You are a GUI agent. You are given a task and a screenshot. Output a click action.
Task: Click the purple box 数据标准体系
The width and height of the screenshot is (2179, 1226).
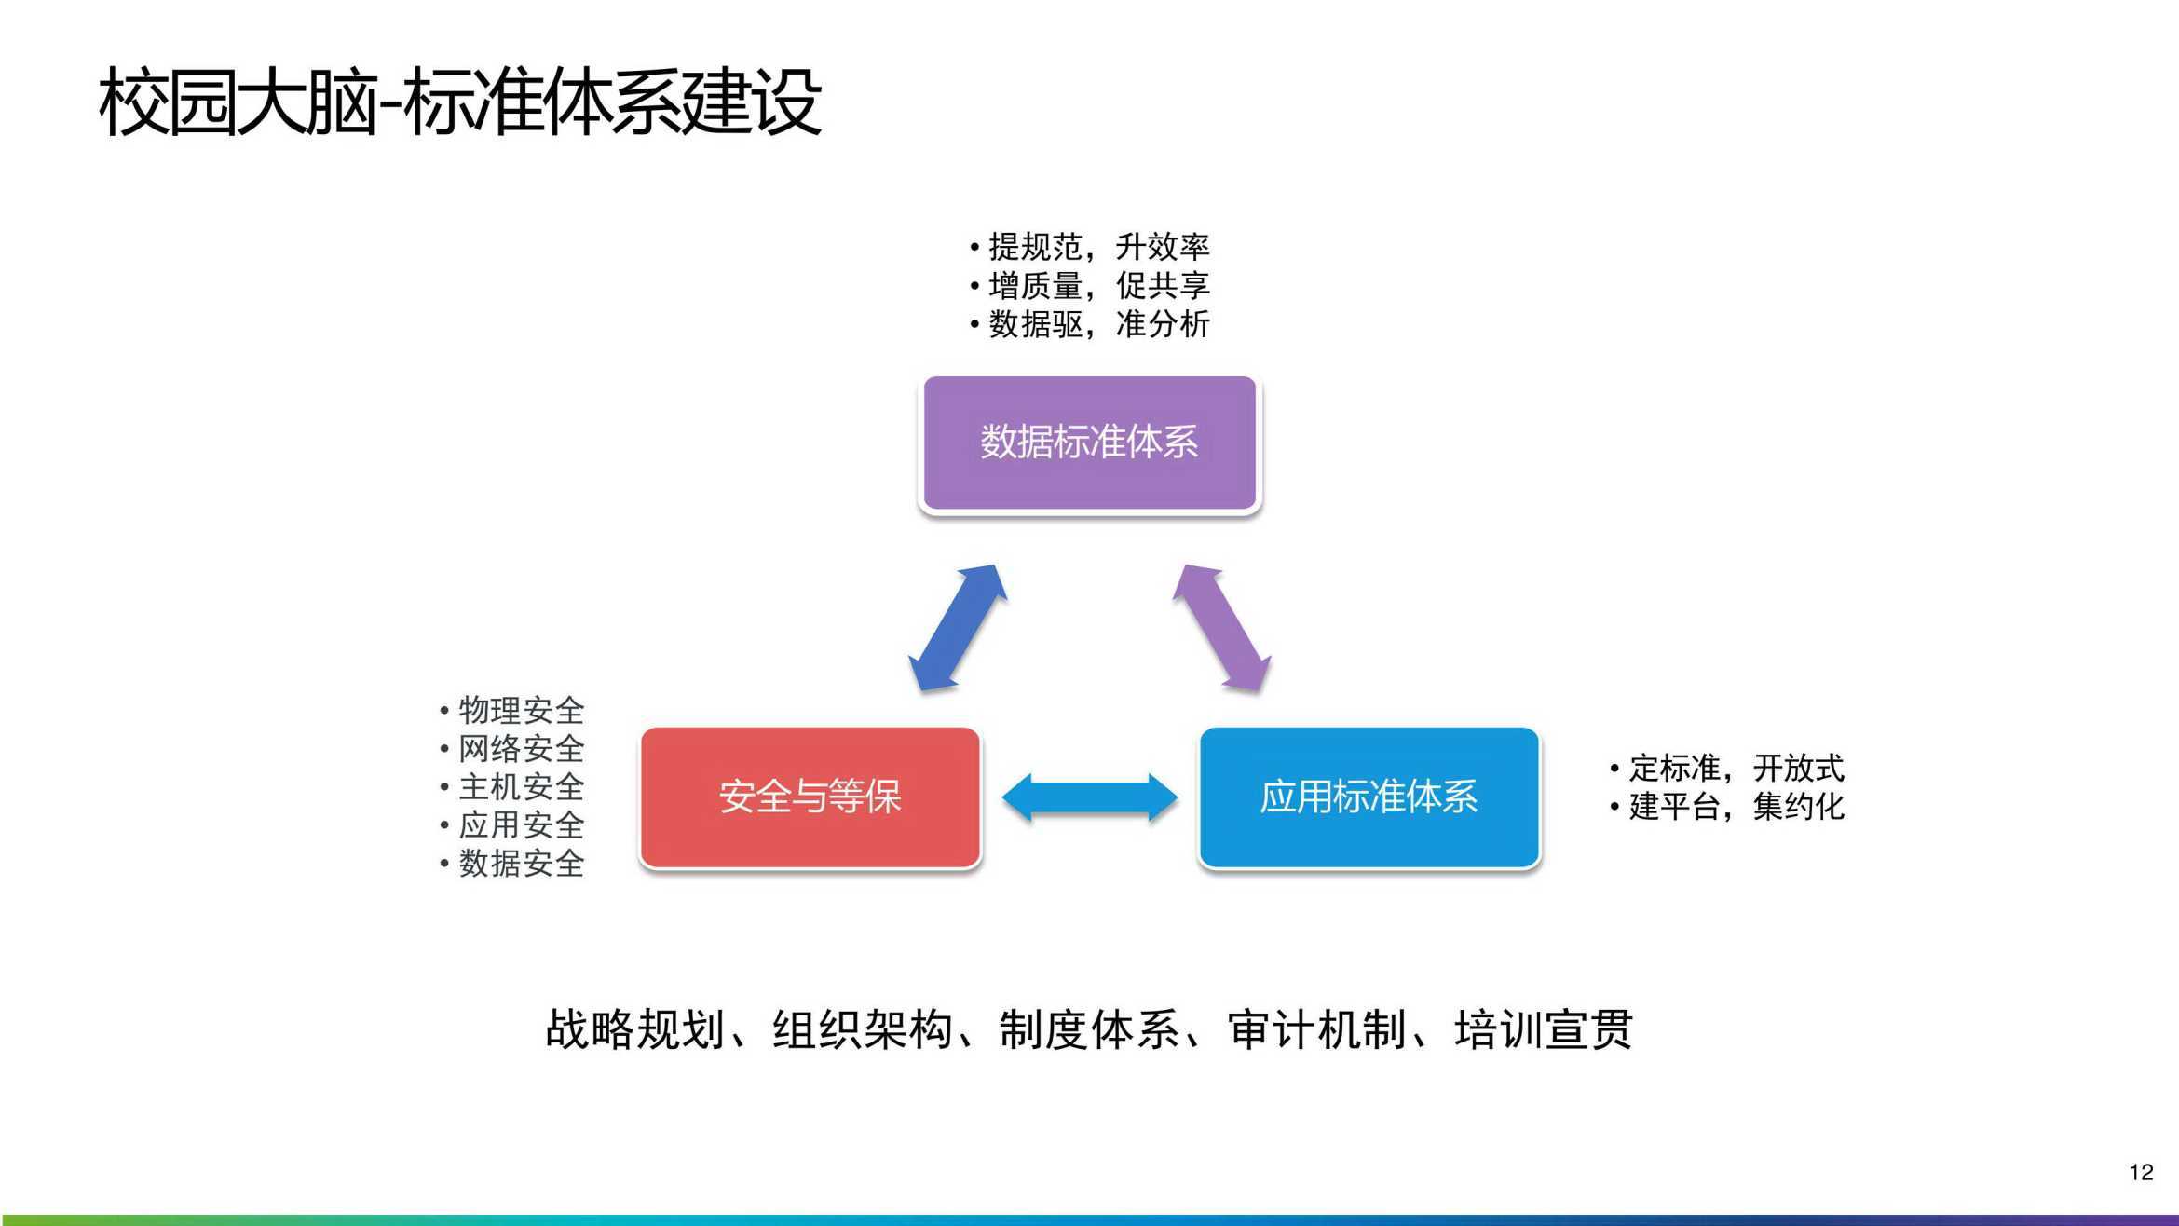1089,443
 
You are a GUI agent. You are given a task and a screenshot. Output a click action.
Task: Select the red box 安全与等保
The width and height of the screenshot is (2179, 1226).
810,797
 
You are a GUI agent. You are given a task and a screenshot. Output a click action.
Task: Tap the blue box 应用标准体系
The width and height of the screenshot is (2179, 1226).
1369,797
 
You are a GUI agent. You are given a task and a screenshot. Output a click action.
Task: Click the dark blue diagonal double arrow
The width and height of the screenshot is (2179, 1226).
958,628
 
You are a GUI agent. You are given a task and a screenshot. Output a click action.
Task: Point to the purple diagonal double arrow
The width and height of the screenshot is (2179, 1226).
1221,628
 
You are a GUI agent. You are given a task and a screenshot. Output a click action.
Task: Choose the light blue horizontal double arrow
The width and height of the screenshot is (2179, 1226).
1089,797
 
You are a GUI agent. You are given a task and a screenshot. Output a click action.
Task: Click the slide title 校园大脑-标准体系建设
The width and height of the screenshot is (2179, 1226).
460,102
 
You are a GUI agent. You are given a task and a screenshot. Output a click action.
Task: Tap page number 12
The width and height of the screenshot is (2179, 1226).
2141,1172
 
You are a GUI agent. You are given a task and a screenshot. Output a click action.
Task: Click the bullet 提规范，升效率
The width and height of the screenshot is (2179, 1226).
1090,247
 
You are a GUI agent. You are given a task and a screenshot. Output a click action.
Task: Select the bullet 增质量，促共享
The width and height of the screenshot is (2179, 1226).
1090,285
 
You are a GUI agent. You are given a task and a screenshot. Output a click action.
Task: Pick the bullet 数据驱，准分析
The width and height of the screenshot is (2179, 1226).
1090,324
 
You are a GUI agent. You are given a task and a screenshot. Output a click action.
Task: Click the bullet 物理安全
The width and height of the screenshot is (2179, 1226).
512,711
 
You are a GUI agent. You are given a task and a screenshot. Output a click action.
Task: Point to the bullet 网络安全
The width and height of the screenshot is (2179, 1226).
512,749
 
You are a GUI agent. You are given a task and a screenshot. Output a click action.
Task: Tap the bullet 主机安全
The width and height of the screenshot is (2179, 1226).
512,787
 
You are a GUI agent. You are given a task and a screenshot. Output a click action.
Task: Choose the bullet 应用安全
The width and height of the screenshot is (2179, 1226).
512,825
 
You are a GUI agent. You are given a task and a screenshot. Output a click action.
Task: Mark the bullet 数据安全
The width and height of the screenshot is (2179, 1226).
512,864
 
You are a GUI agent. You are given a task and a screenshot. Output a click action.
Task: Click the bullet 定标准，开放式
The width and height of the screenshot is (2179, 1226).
1727,769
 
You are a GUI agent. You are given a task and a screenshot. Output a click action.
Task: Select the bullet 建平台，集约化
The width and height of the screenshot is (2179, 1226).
1727,807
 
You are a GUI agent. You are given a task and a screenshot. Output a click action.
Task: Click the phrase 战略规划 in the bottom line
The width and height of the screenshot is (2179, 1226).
635,1030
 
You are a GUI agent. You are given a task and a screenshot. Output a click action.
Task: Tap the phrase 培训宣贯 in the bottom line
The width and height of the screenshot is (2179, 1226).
1544,1030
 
